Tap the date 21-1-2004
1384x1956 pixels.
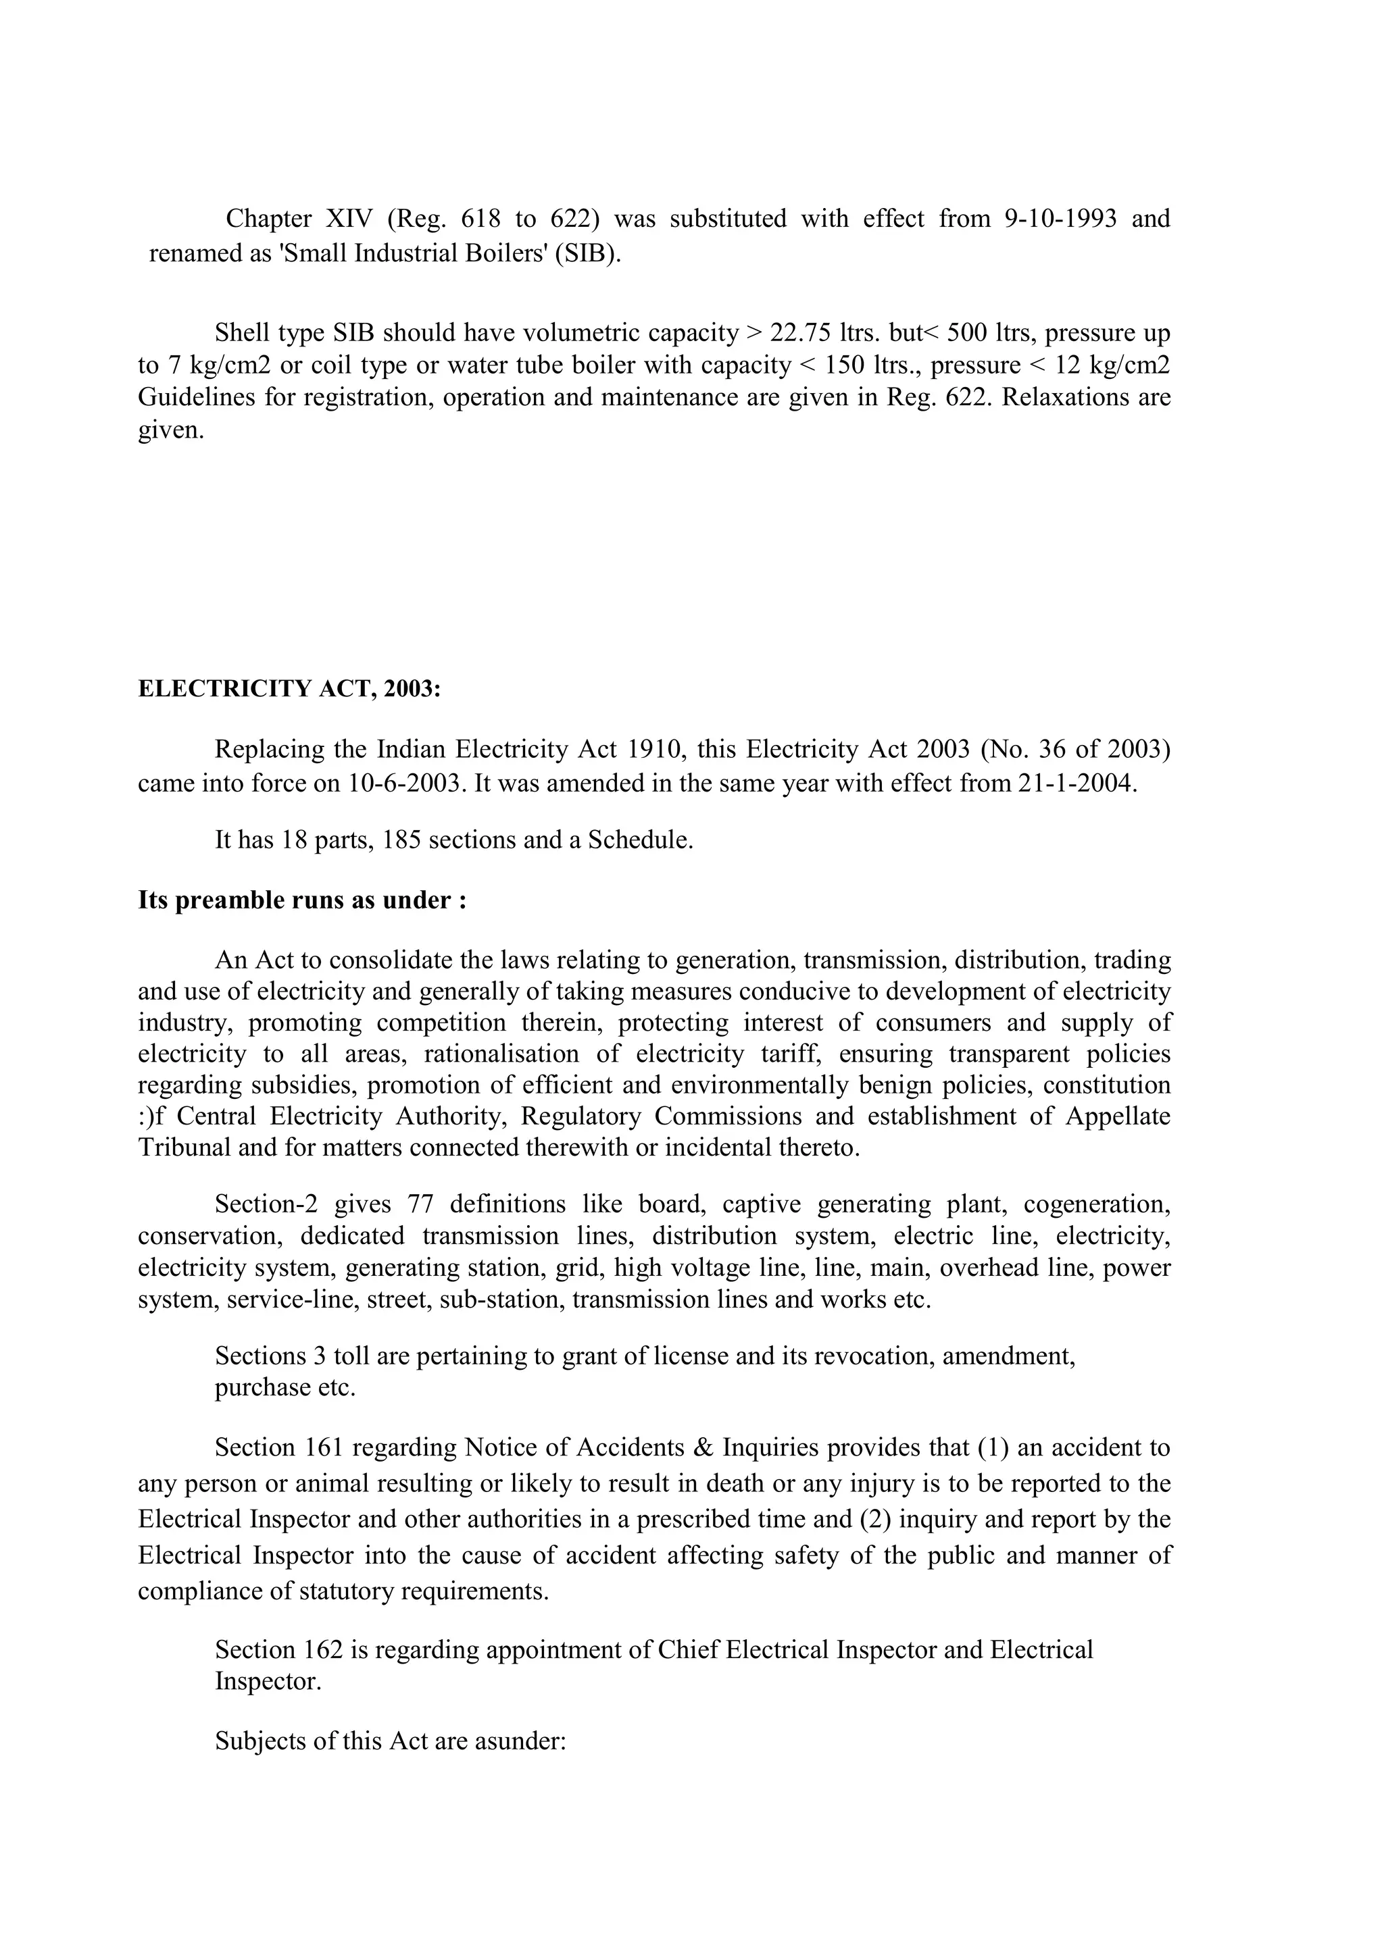pos(1077,783)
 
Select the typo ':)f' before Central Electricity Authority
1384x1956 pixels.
pos(151,1116)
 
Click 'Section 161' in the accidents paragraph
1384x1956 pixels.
pos(278,1448)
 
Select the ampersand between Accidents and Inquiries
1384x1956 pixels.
pos(704,1448)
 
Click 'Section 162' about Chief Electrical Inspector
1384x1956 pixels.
pos(278,1650)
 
